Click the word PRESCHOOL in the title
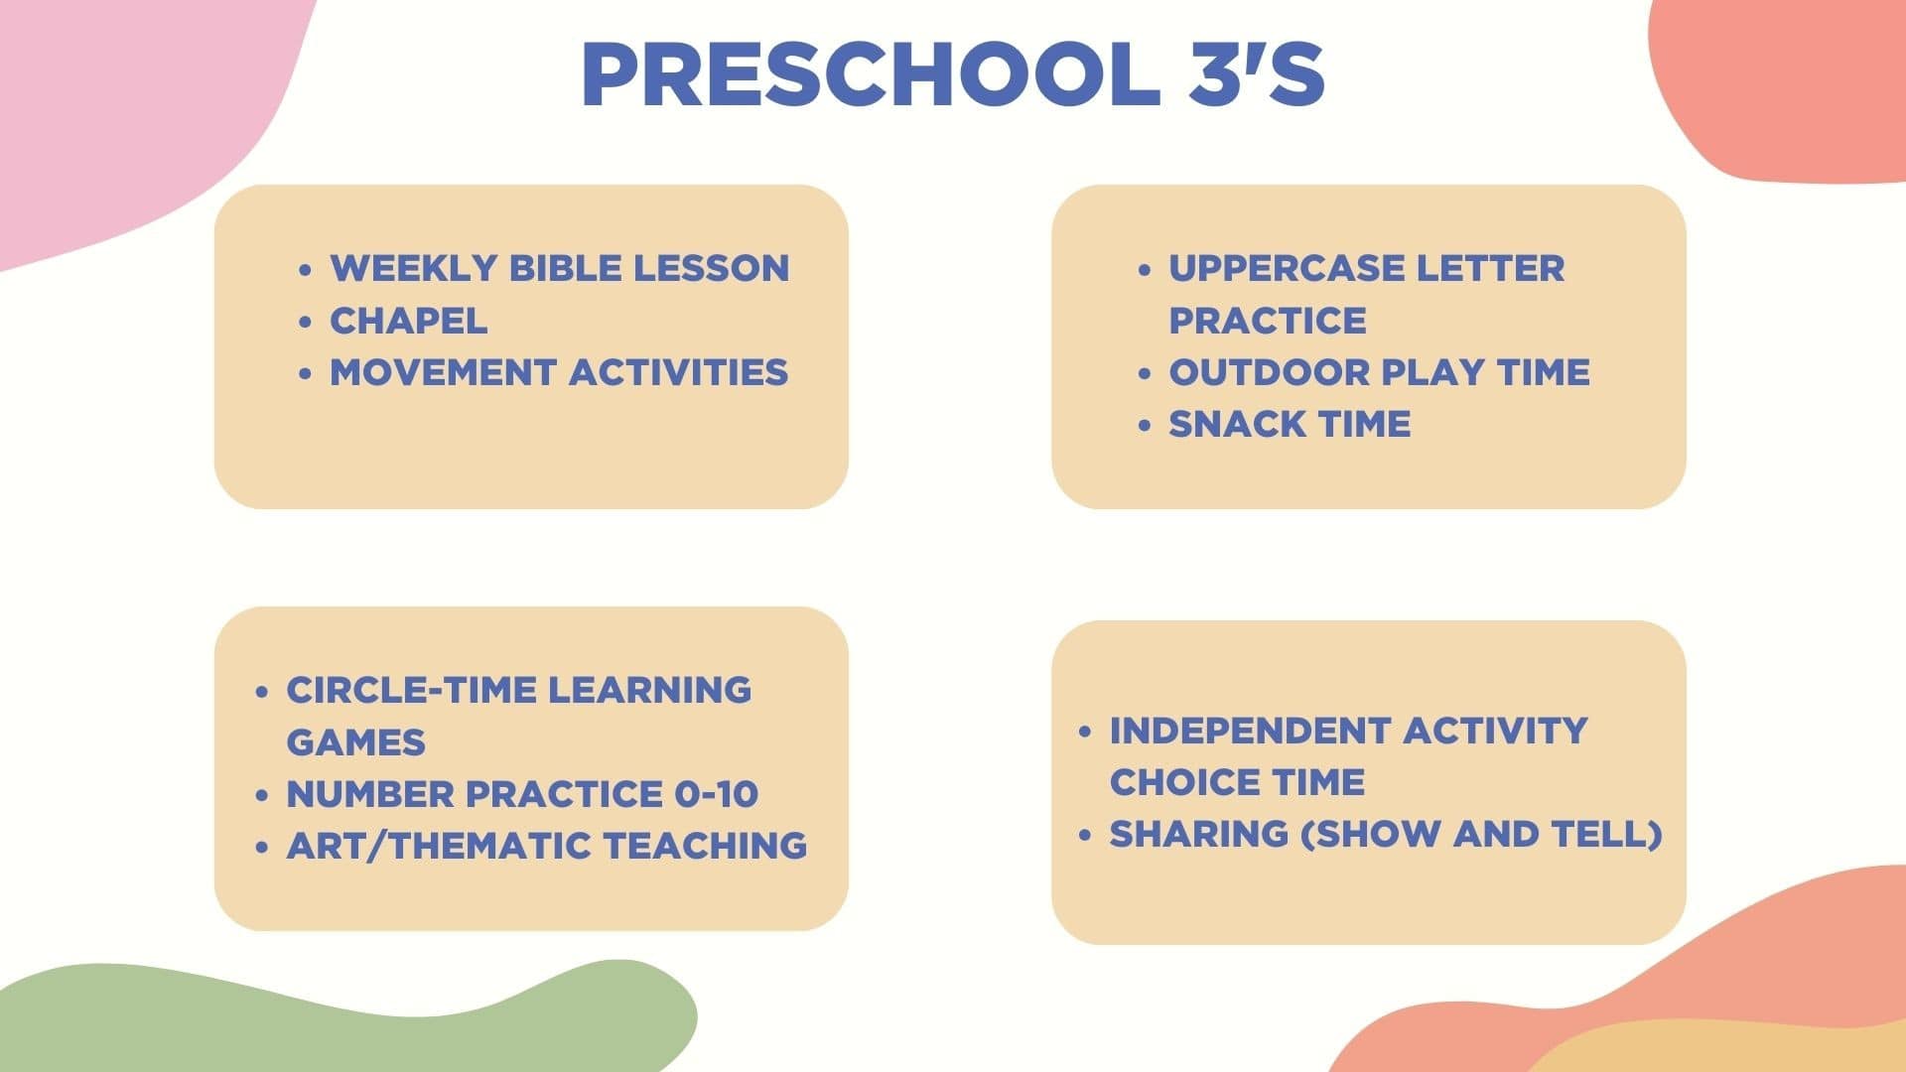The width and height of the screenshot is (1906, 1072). [x=870, y=74]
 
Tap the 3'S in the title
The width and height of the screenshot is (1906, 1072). [x=1257, y=74]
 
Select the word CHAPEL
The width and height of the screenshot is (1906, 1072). [x=409, y=321]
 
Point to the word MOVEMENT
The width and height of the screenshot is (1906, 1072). [x=443, y=372]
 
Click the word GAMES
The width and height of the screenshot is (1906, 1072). [x=355, y=742]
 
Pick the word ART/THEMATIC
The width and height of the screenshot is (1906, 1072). [x=439, y=846]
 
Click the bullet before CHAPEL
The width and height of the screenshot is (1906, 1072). [x=306, y=322]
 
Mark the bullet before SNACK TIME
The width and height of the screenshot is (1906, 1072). [x=1145, y=425]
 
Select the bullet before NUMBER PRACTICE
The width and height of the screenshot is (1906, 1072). [x=262, y=795]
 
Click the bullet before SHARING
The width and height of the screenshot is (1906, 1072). [x=1085, y=835]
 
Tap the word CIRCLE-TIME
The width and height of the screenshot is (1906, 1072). [x=412, y=690]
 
